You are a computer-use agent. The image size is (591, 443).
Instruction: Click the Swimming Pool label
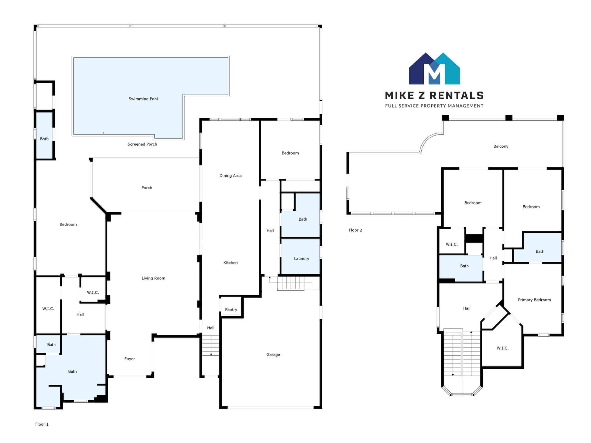[x=143, y=99]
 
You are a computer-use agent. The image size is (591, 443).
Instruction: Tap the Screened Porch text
[x=142, y=144]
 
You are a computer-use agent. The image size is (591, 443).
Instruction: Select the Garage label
[x=273, y=355]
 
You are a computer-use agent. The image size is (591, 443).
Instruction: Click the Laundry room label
[x=302, y=259]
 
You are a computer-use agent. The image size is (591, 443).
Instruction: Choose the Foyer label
[x=130, y=359]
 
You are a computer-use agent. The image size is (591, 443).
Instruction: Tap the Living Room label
[x=153, y=278]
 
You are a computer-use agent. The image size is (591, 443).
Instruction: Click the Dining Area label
[x=231, y=176]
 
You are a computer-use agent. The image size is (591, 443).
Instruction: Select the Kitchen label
[x=231, y=263]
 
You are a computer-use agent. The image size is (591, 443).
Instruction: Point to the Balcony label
[x=501, y=146]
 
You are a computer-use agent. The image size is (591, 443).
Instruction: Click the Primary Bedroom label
[x=534, y=300]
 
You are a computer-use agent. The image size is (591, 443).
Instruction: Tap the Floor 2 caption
[x=355, y=230]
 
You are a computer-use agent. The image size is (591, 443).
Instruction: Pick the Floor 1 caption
[x=42, y=424]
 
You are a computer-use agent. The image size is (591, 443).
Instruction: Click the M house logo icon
[x=434, y=69]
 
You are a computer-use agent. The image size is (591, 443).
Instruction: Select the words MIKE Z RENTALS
[x=434, y=95]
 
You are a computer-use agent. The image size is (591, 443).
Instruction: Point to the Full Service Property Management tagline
[x=434, y=106]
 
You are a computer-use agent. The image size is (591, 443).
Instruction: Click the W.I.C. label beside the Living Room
[x=93, y=292]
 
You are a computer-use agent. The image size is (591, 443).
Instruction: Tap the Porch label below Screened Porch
[x=147, y=188]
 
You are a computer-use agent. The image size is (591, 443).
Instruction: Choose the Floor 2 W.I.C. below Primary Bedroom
[x=503, y=348]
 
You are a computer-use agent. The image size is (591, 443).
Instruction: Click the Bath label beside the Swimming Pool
[x=44, y=139]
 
